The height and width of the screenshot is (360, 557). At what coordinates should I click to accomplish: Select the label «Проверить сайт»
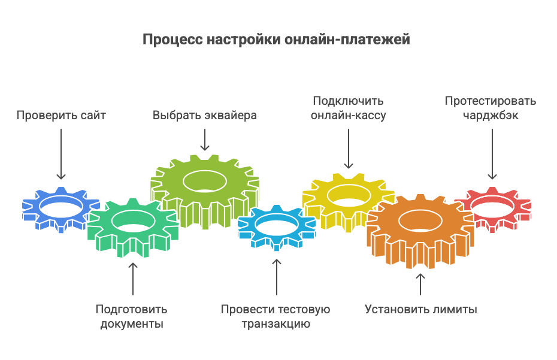coord(61,116)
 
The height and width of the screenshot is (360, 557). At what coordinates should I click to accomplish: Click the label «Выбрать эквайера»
coord(205,116)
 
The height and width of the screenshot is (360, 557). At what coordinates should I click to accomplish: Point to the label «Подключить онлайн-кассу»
coord(348,108)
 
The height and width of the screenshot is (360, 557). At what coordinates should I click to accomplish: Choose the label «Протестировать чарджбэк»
coord(491,108)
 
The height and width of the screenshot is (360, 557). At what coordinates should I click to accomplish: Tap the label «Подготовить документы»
coord(131,317)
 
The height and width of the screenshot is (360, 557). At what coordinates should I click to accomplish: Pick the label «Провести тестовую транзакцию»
coord(276,317)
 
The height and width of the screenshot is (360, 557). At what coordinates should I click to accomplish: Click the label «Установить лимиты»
coord(420,310)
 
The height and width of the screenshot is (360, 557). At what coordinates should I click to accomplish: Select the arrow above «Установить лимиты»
coord(420,284)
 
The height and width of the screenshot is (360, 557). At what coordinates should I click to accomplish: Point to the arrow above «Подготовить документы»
coord(132,278)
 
